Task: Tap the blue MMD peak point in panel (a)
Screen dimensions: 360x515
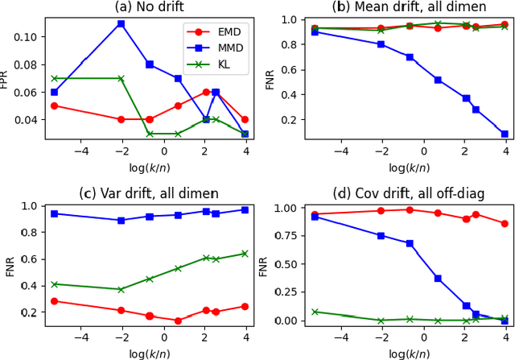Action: (x=121, y=23)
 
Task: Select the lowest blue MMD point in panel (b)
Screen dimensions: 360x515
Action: (x=505, y=134)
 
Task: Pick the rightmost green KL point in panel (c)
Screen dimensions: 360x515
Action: (x=245, y=254)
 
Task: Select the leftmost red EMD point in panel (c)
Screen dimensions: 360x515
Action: (x=54, y=301)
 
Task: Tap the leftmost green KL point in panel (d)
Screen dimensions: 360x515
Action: (x=315, y=312)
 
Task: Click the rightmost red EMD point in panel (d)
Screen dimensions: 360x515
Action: (x=505, y=223)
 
